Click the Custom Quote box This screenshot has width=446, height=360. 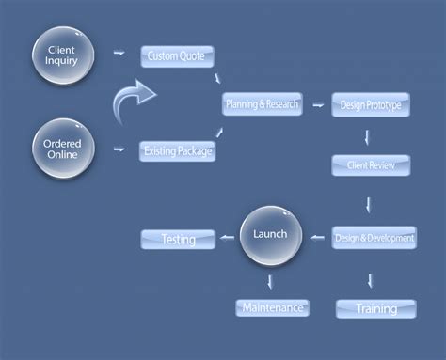178,56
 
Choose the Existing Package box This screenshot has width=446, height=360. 178,149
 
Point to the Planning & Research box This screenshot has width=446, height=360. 262,103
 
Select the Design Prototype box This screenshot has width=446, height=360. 370,105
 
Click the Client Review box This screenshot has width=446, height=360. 371,165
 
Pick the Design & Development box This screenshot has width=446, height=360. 374,238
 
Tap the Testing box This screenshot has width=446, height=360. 178,239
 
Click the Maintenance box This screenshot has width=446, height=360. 271,307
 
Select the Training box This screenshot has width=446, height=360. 374,308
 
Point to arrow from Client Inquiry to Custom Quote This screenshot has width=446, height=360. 119,55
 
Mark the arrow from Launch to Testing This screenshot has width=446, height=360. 226,239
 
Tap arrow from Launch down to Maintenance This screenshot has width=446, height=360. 271,280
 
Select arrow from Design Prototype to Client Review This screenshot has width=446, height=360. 368,136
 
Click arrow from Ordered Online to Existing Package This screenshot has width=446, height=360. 119,149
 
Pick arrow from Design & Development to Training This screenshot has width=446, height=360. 371,279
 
